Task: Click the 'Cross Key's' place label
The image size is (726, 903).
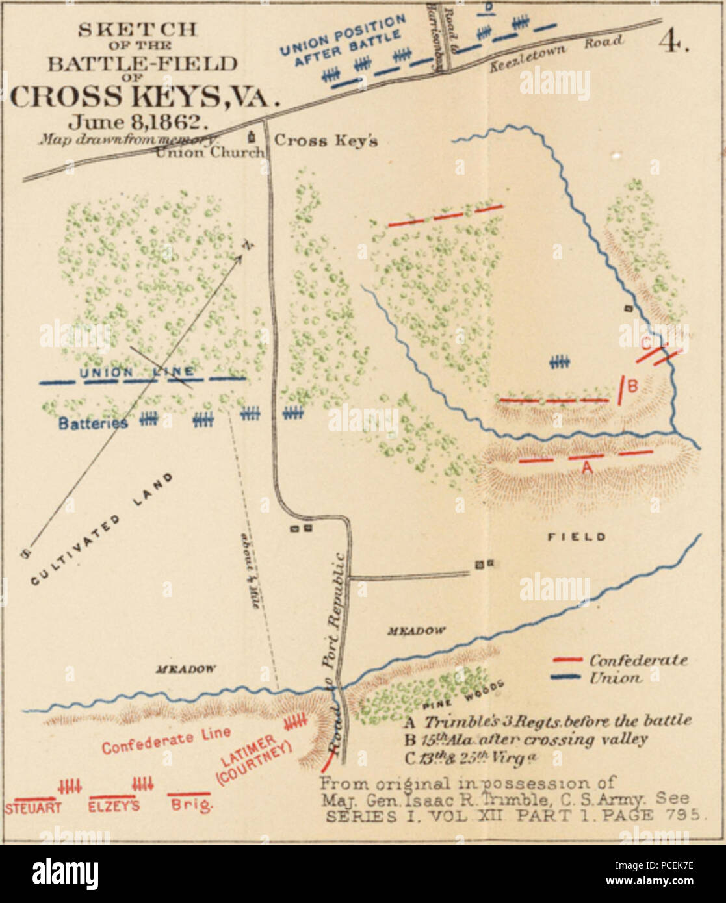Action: [x=326, y=141]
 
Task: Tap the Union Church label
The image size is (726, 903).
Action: [x=210, y=153]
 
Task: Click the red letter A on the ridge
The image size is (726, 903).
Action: [x=586, y=466]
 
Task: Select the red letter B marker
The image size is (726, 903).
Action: [x=632, y=387]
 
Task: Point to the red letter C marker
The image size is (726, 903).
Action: [x=646, y=342]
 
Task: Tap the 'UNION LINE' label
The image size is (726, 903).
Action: [x=136, y=372]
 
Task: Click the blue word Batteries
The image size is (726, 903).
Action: [x=93, y=423]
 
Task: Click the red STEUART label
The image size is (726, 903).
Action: [x=33, y=808]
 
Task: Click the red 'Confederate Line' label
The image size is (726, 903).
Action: [x=166, y=740]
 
